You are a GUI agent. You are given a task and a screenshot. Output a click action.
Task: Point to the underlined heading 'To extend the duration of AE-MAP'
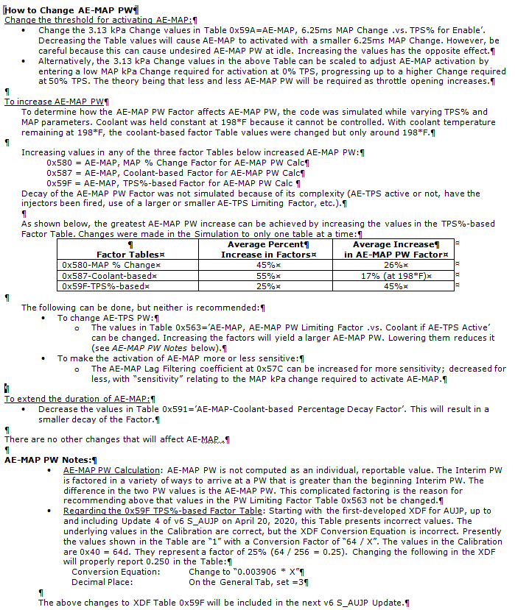pyautogui.click(x=77, y=398)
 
